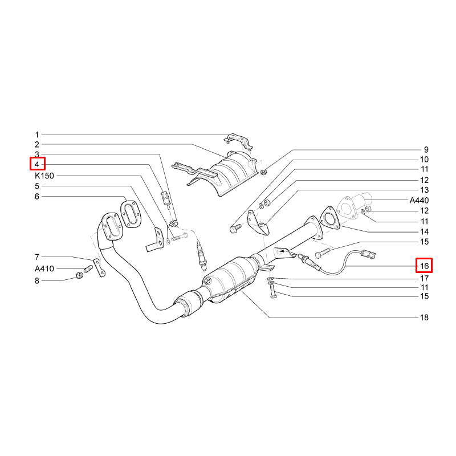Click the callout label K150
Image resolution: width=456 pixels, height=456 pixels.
(44, 176)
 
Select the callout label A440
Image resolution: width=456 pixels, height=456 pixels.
(419, 200)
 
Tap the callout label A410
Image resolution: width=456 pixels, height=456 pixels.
(44, 268)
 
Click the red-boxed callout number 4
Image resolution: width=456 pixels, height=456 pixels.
(37, 164)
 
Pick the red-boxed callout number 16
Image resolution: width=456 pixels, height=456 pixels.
(424, 266)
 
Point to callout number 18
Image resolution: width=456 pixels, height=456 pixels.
(424, 317)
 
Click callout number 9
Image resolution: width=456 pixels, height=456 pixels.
(426, 150)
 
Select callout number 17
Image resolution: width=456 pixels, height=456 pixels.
(424, 279)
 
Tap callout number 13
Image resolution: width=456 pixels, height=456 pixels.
(424, 190)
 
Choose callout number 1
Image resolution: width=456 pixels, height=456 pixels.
(37, 135)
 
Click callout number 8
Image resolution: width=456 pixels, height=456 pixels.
(37, 280)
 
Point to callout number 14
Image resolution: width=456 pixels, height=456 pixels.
(424, 232)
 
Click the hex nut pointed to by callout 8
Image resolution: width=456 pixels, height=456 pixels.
(79, 275)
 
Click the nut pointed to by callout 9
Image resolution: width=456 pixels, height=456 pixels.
(263, 172)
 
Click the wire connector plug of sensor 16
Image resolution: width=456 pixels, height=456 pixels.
(368, 254)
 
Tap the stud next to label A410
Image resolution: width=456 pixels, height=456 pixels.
(88, 269)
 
